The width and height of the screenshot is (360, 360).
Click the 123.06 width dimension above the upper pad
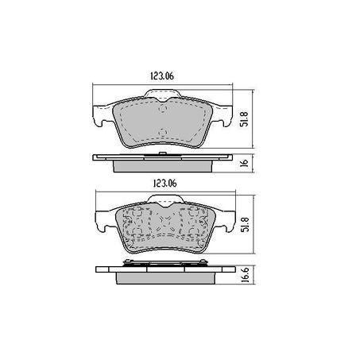point(161,76)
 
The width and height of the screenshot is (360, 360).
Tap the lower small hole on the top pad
point(162,134)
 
